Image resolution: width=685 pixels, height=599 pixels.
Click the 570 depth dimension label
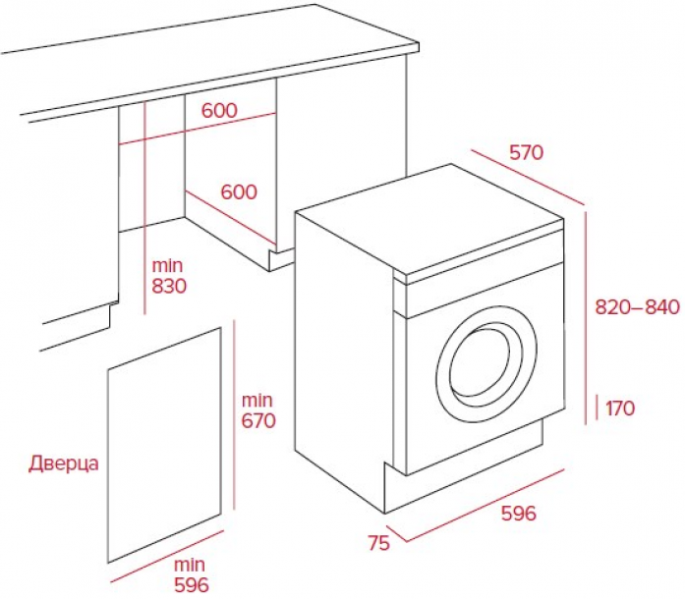coord(527,152)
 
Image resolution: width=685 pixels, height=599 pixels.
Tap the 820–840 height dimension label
coord(638,307)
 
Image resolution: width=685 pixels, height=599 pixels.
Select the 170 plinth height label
coord(620,408)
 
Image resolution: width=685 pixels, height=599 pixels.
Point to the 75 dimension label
coord(378,543)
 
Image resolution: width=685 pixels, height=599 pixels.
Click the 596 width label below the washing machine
coord(519,514)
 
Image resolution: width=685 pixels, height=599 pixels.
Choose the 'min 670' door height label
coord(258,410)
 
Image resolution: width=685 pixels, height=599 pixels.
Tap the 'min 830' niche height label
coord(169,276)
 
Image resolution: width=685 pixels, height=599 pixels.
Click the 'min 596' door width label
coord(192,575)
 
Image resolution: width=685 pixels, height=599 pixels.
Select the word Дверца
coord(64,463)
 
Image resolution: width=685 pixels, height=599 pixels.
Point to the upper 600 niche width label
coord(219,110)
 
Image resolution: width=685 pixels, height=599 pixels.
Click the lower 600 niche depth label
coord(239,192)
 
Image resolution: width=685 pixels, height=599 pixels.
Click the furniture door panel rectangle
coord(164,445)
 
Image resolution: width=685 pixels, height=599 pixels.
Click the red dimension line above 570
coord(528,177)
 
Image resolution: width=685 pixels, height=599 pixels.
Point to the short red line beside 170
coord(598,407)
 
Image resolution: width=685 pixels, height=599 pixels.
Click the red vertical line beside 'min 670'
coord(234,414)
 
